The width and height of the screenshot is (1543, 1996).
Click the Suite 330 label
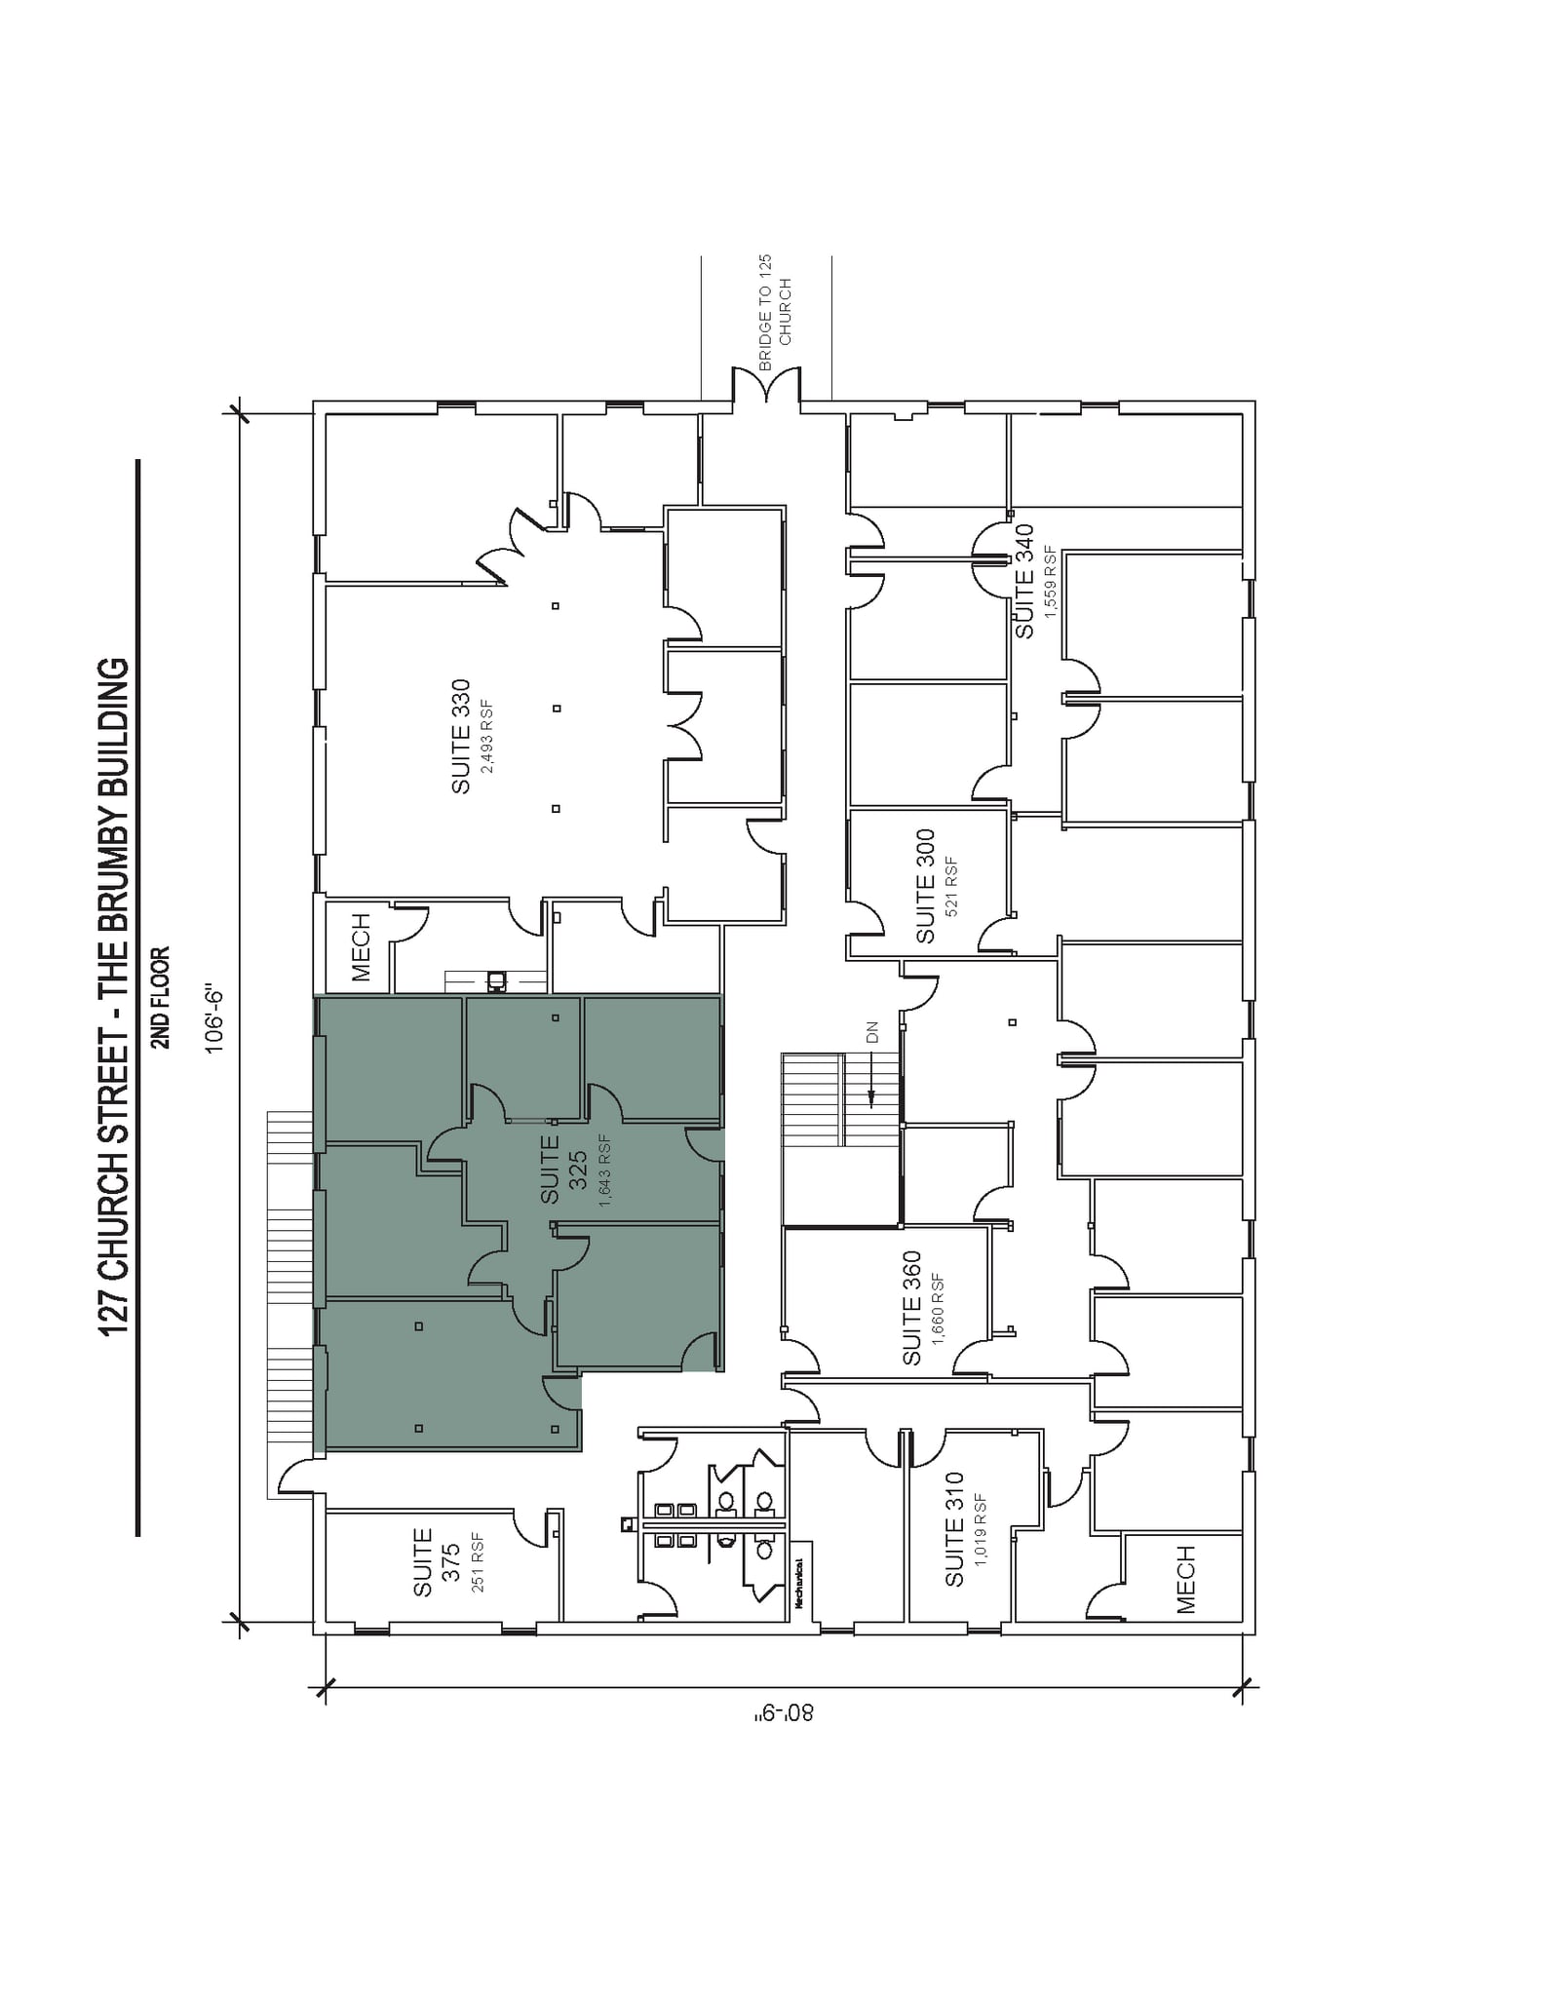pos(461,736)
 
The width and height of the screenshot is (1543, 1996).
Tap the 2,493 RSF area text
pos(487,737)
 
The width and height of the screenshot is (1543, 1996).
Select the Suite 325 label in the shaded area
pos(563,1169)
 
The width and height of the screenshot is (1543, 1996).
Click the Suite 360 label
pos(912,1308)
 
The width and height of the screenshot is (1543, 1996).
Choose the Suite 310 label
pos(954,1529)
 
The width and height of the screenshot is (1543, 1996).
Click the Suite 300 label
pos(926,886)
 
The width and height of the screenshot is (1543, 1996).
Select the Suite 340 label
pos(1024,581)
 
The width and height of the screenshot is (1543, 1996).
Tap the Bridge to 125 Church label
pos(775,312)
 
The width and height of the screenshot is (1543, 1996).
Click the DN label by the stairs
pos(872,1032)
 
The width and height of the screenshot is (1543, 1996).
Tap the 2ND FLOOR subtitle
pos(162,997)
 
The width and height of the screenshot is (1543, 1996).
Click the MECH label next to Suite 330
pos(361,946)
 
